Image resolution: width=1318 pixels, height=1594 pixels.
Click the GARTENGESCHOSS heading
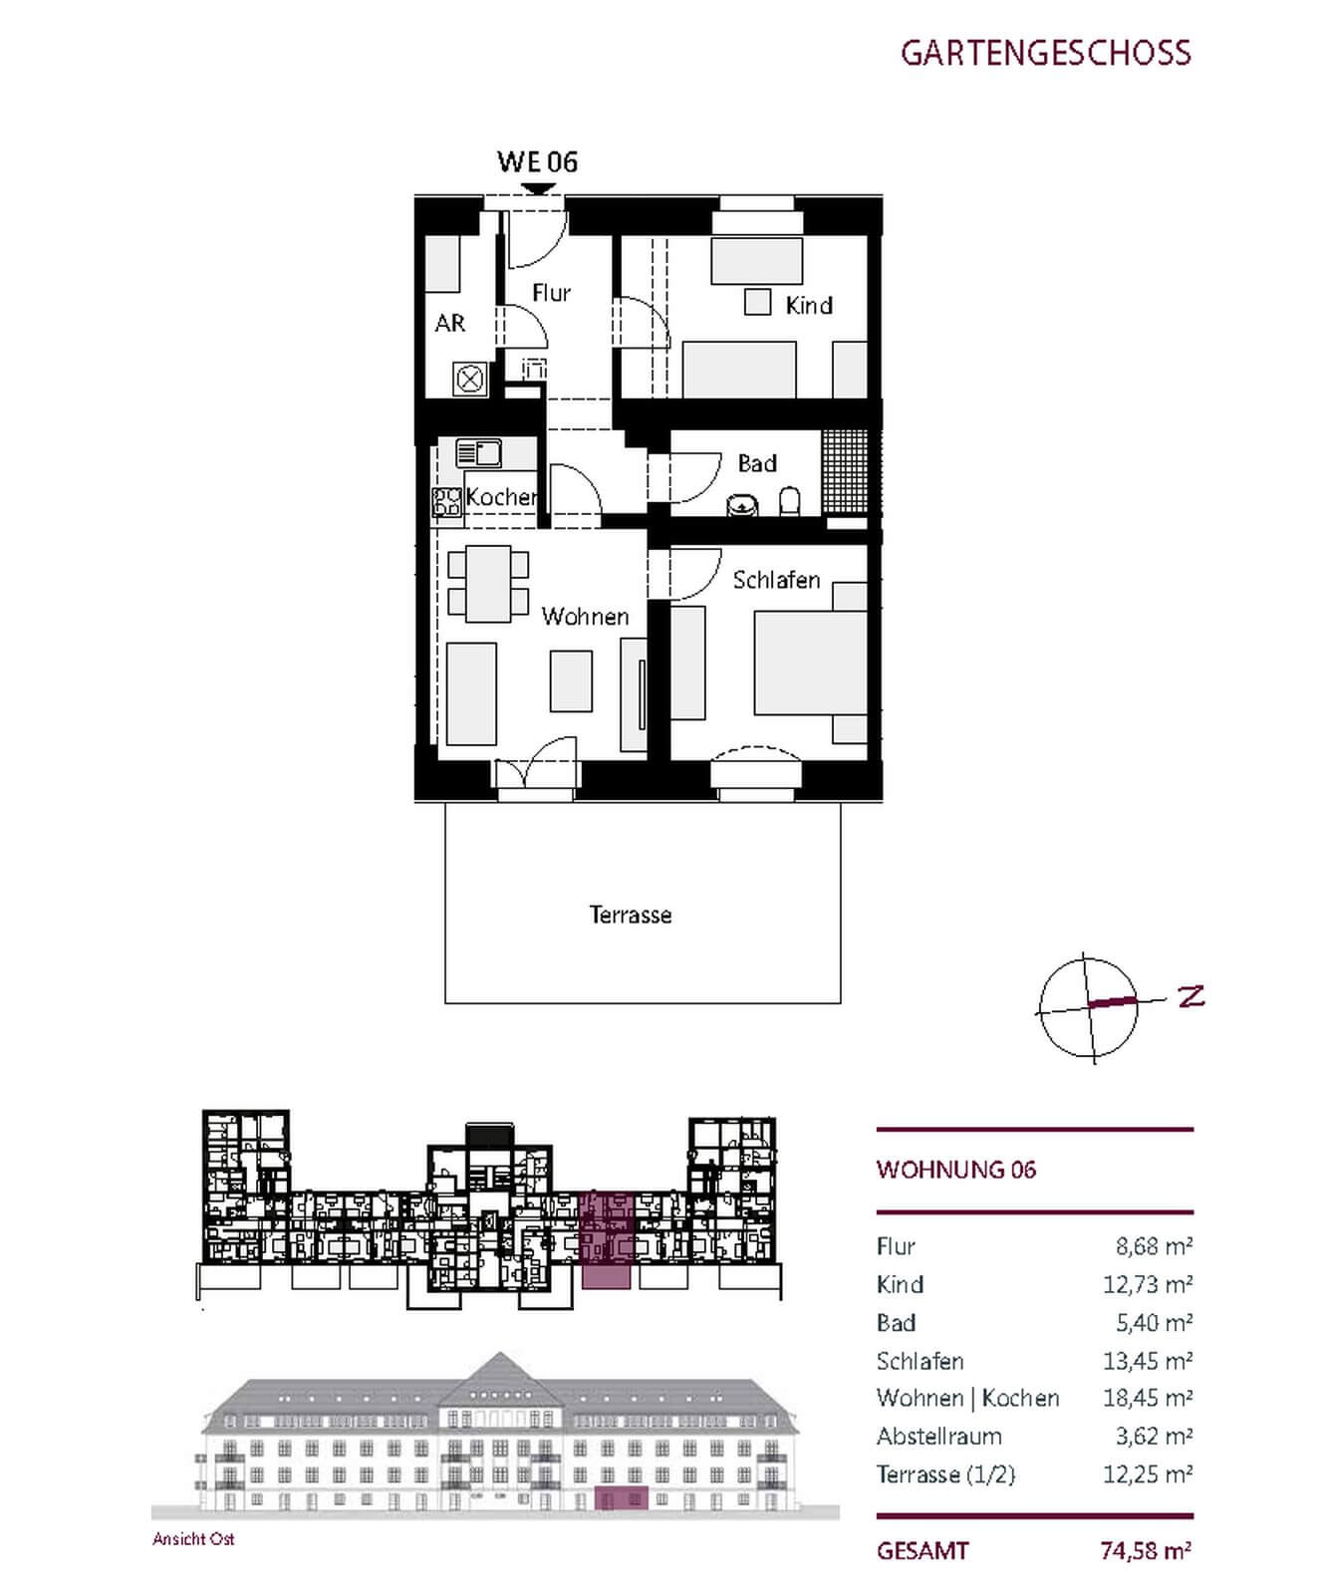click(1045, 53)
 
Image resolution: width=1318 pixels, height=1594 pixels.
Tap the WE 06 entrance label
click(537, 162)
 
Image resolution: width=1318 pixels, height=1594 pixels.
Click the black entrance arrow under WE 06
click(538, 188)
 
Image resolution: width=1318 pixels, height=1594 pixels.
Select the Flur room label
click(551, 293)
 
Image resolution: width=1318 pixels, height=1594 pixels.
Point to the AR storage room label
click(450, 323)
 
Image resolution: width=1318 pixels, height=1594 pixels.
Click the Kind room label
click(808, 306)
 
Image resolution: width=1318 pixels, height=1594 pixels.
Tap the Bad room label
click(757, 463)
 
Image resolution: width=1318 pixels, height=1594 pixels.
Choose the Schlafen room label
click(776, 580)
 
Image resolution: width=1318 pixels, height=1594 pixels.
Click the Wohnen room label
click(585, 617)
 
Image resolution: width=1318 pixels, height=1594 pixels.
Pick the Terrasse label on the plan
click(631, 915)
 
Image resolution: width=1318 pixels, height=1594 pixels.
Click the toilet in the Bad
click(789, 501)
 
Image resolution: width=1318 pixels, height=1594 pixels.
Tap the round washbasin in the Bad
click(741, 506)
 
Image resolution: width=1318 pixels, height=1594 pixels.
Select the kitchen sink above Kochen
click(478, 454)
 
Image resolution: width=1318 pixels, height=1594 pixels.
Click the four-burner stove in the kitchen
click(446, 502)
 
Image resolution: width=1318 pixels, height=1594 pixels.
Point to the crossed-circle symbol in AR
click(468, 379)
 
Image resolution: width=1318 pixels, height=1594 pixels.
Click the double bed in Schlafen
click(810, 663)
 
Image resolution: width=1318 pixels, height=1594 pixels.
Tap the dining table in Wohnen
click(488, 584)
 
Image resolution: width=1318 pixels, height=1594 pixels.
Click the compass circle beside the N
click(1088, 1007)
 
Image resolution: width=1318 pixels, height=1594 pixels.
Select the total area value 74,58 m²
click(1146, 1551)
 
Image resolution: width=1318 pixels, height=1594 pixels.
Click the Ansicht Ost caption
click(193, 1539)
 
